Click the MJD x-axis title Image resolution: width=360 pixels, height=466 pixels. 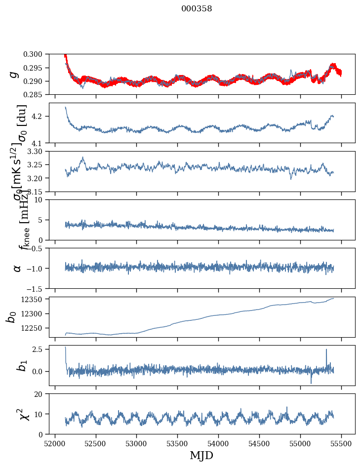pos(201,456)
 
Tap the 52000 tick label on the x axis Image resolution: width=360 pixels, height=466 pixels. pos(55,443)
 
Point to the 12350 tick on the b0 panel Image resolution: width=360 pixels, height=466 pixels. pos(36,299)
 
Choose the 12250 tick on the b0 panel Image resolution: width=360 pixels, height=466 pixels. pos(36,328)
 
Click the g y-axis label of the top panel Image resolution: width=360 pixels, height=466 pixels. pos(15,74)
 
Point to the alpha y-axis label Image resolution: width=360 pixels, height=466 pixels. pos(17,268)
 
